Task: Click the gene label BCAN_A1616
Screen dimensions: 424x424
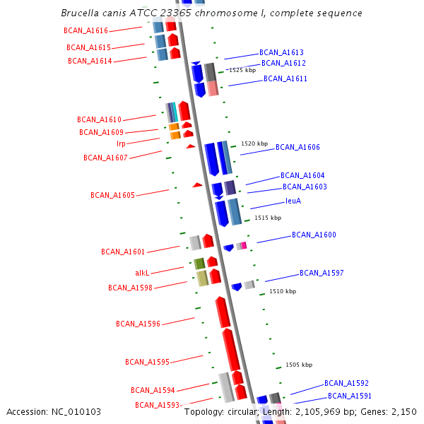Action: (x=86, y=31)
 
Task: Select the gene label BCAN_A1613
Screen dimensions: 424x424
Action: (x=281, y=52)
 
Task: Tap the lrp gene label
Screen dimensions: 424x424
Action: (x=121, y=144)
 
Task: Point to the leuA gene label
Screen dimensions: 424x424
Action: (x=293, y=201)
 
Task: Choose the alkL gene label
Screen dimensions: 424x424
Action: (x=142, y=273)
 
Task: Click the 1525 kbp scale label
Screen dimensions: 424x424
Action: (x=242, y=70)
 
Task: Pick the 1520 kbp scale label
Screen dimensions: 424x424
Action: (x=254, y=143)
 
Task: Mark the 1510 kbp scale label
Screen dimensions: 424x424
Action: (x=282, y=291)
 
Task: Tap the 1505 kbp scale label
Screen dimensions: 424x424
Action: (x=298, y=365)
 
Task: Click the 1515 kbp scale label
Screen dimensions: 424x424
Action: (x=268, y=218)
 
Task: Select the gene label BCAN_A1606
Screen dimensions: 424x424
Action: (x=298, y=148)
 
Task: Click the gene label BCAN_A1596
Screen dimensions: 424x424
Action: (x=138, y=324)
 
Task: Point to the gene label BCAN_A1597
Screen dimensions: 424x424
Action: (x=322, y=273)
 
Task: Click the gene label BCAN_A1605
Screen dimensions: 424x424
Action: (x=112, y=195)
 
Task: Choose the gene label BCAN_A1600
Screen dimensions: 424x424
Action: (x=314, y=235)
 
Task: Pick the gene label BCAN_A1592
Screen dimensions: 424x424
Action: (x=346, y=383)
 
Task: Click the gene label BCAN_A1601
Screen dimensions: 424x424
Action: (x=123, y=252)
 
